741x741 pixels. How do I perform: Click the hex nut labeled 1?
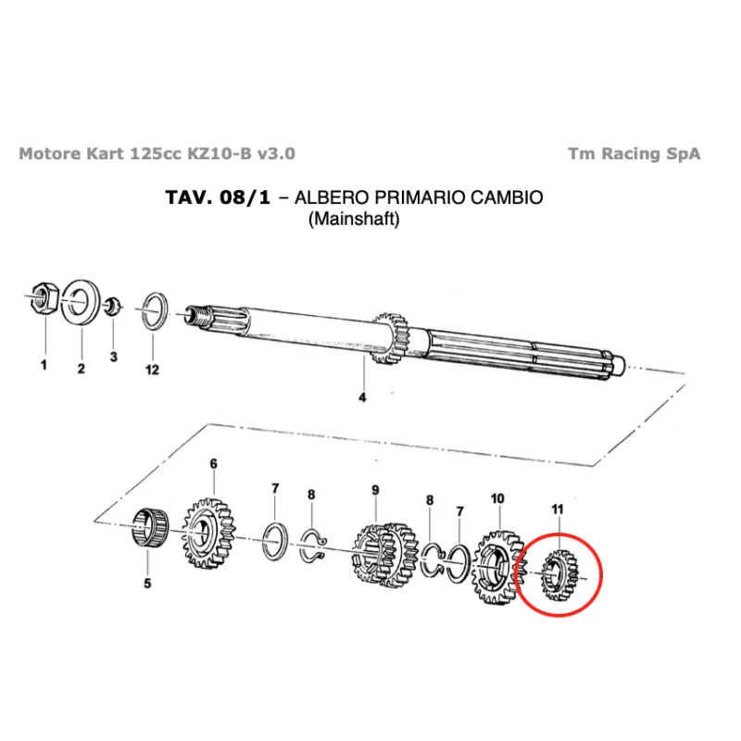(x=44, y=298)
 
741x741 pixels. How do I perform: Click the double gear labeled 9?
(x=385, y=555)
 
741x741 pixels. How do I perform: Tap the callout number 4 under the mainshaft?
(x=362, y=397)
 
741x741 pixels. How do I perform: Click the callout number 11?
(x=558, y=509)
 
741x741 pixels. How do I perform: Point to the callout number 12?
(x=152, y=370)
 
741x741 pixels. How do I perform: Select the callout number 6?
(x=214, y=464)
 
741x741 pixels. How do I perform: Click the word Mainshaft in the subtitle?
(x=354, y=219)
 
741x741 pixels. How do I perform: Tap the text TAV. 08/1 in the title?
(x=218, y=197)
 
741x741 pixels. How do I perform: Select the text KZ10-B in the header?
(x=220, y=154)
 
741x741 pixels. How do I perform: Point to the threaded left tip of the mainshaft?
(x=196, y=315)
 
